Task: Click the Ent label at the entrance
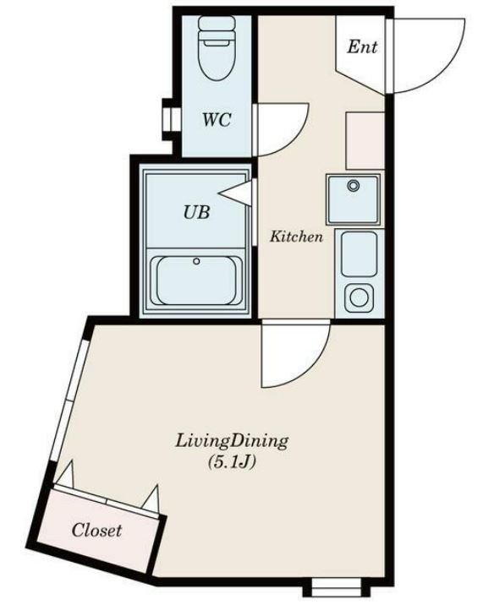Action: (x=362, y=47)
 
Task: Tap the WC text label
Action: (x=216, y=119)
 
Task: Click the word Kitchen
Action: (x=296, y=237)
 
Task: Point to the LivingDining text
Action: (x=232, y=440)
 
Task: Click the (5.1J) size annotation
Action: (x=232, y=461)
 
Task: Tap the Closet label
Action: (x=96, y=531)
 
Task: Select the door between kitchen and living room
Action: (x=292, y=355)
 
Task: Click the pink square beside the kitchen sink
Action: (x=365, y=139)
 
